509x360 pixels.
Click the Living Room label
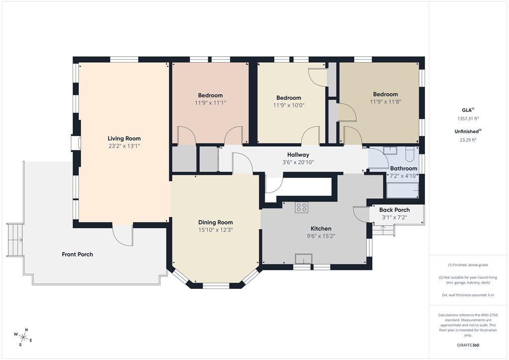pyautogui.click(x=124, y=139)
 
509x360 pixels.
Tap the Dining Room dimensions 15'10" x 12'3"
pyautogui.click(x=216, y=230)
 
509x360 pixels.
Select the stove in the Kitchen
pyautogui.click(x=301, y=207)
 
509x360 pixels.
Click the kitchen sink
pyautogui.click(x=304, y=259)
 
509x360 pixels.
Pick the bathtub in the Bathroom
pyautogui.click(x=403, y=190)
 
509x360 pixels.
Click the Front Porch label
pyautogui.click(x=77, y=255)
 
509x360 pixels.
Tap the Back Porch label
pyautogui.click(x=394, y=210)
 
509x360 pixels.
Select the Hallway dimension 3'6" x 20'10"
pyautogui.click(x=298, y=162)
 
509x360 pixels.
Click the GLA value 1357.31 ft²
pyautogui.click(x=468, y=119)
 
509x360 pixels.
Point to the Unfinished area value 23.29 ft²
pyautogui.click(x=468, y=140)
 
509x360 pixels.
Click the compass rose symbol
pyautogui.click(x=23, y=337)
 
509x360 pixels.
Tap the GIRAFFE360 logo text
pyautogui.click(x=468, y=345)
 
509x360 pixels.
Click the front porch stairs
pyautogui.click(x=15, y=240)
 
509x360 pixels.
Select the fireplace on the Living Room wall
pyautogui.click(x=76, y=143)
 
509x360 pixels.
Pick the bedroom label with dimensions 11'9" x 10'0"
pyautogui.click(x=289, y=98)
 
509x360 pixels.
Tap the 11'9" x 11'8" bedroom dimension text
pyautogui.click(x=385, y=102)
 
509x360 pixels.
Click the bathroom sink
pyautogui.click(x=389, y=150)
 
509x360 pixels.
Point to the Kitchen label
pyautogui.click(x=321, y=229)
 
